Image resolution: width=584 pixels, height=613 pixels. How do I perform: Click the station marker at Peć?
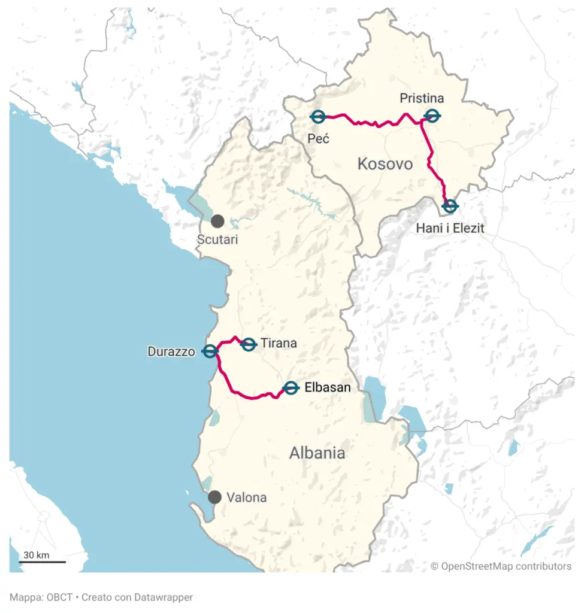coord(318,117)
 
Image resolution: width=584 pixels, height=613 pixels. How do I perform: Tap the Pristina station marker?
coord(431,116)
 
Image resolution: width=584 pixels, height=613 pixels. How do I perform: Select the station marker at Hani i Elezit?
coord(450,206)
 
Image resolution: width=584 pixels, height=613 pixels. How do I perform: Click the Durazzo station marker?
coord(210,351)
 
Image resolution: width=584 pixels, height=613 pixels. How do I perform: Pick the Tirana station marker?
coord(249,344)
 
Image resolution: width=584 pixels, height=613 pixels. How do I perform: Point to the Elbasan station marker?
coord(291,388)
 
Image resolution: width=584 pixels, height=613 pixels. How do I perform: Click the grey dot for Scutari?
coord(217,221)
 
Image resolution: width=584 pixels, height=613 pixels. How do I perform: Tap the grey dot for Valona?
coord(214,497)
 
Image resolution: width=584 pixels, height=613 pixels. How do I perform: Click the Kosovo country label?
coord(385,163)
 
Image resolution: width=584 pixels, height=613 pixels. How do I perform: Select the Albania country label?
coord(317,453)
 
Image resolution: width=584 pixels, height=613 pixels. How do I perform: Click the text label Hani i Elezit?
coord(450,227)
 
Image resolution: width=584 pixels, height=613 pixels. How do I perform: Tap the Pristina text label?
coord(422,98)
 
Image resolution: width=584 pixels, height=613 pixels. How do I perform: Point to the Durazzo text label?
coord(171,352)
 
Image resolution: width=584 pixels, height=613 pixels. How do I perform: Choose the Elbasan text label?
coord(327,388)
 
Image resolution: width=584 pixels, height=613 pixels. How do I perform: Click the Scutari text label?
coord(217,240)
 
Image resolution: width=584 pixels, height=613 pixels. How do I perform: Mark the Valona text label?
coord(246,497)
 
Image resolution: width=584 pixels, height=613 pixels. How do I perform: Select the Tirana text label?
coord(279,344)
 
